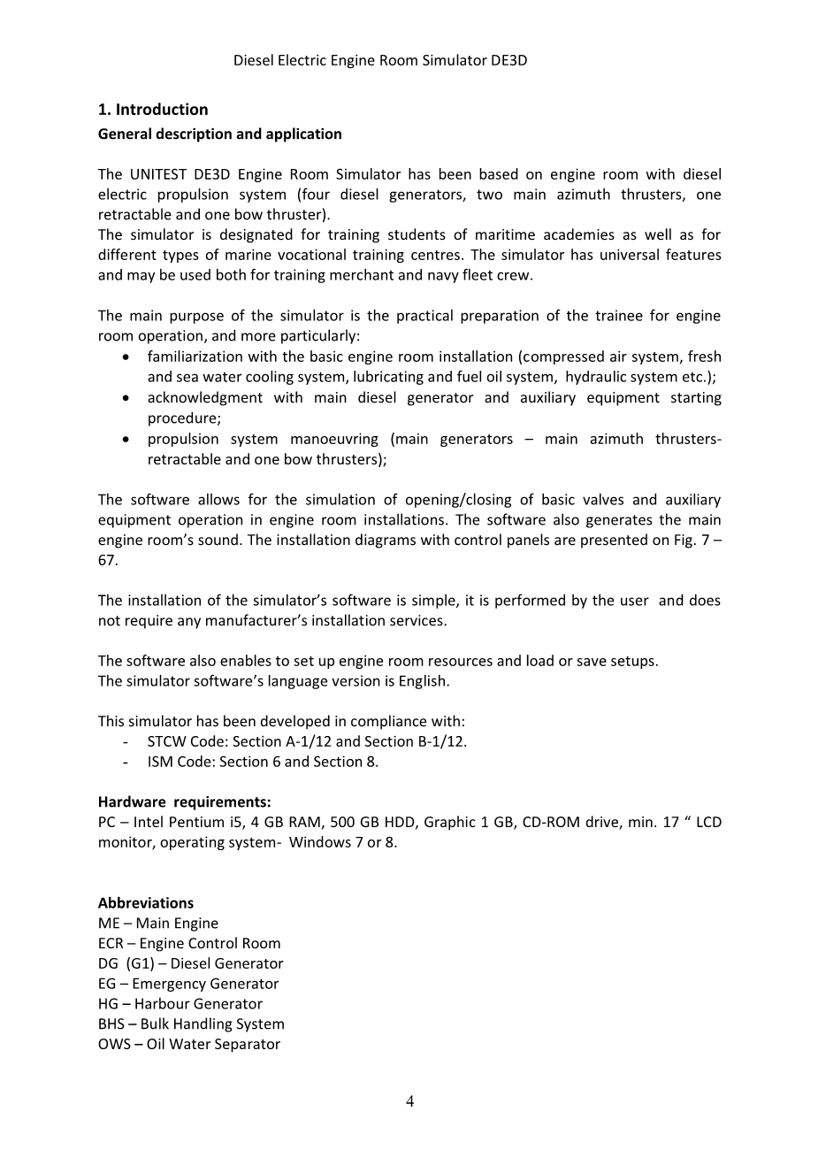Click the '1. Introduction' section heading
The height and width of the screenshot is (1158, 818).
[153, 110]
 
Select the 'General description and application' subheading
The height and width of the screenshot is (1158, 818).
[219, 134]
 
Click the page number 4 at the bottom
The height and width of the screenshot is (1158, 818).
[409, 1101]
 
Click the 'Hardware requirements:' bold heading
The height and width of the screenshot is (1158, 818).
[184, 802]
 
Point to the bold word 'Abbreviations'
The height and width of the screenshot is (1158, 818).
[146, 903]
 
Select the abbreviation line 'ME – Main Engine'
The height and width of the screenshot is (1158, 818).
[158, 924]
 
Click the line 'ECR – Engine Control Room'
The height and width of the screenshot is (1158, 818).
[189, 944]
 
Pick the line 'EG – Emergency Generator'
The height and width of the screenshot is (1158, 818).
[188, 984]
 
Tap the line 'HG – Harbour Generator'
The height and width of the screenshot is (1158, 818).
[180, 1004]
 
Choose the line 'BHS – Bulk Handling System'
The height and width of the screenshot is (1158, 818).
[191, 1024]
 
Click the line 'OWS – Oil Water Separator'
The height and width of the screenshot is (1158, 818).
[189, 1045]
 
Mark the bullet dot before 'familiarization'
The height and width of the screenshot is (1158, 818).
[129, 357]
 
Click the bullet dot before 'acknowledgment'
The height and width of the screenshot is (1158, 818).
[129, 398]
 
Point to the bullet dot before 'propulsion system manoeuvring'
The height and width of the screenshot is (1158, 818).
[129, 440]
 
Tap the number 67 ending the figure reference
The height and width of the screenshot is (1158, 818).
[107, 561]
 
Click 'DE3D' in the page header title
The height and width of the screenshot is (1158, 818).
[508, 61]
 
